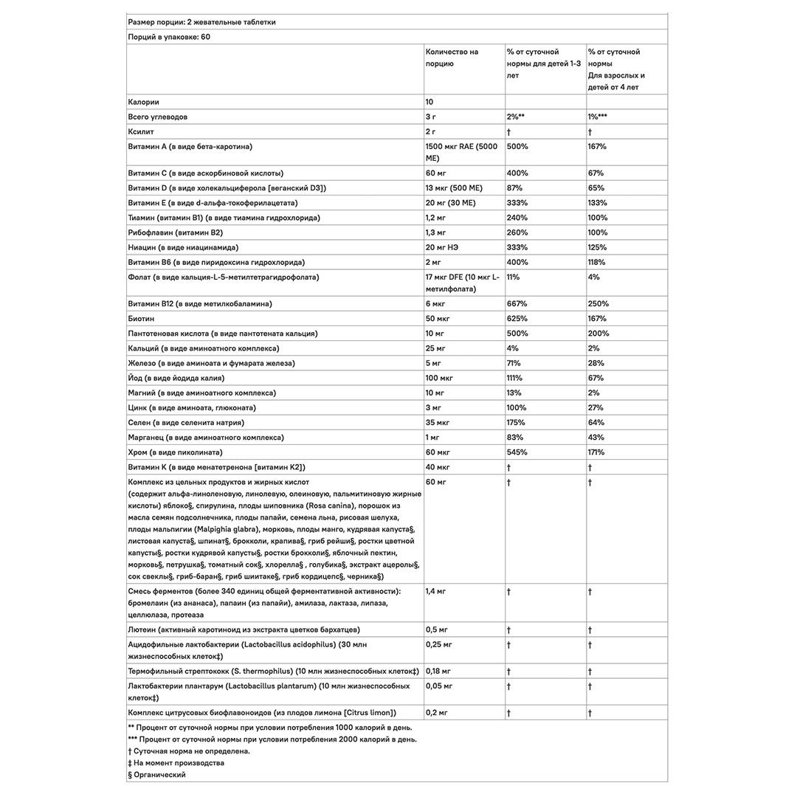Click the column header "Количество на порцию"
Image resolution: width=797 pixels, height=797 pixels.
click(x=452, y=58)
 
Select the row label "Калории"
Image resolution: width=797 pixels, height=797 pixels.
click(x=144, y=102)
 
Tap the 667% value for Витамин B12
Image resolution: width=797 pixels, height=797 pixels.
click(x=517, y=304)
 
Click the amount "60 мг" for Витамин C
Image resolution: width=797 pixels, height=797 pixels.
click(x=438, y=173)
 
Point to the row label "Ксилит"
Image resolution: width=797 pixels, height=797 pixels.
click(x=141, y=131)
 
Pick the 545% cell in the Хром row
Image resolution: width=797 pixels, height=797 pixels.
click(x=517, y=452)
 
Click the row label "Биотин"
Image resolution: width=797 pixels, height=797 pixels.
click(x=141, y=319)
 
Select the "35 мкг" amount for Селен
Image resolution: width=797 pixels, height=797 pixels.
click(x=439, y=423)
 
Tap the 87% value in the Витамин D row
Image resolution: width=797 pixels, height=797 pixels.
click(x=514, y=188)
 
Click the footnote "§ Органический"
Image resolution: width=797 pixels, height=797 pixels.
click(x=156, y=775)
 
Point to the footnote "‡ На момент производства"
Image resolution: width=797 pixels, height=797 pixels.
click(x=176, y=763)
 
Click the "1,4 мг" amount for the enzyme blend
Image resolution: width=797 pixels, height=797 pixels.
click(x=437, y=592)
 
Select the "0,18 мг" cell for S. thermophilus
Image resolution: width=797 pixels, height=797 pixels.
click(x=439, y=672)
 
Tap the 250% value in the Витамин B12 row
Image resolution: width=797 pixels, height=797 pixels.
click(x=597, y=304)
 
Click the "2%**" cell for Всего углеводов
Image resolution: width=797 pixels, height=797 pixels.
click(x=516, y=117)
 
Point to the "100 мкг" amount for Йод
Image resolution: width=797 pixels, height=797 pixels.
click(x=440, y=379)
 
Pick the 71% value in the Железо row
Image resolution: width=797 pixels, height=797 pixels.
click(x=514, y=363)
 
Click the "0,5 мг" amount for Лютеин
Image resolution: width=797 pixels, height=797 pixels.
click(x=437, y=630)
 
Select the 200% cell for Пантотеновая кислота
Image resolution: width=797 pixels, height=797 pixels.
click(x=598, y=334)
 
